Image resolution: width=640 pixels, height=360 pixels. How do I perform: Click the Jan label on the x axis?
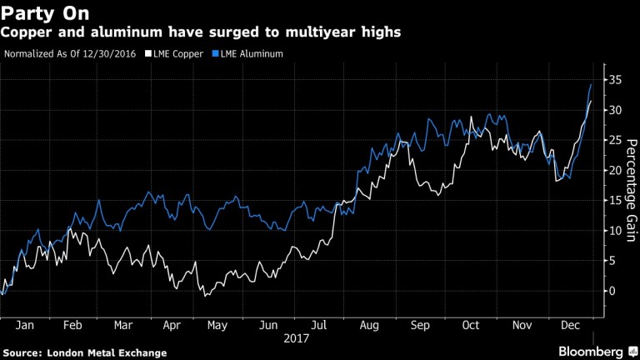click(x=26, y=326)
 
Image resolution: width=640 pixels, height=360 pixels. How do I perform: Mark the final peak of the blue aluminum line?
click(x=591, y=84)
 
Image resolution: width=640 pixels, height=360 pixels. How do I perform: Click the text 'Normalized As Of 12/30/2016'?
click(x=71, y=54)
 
